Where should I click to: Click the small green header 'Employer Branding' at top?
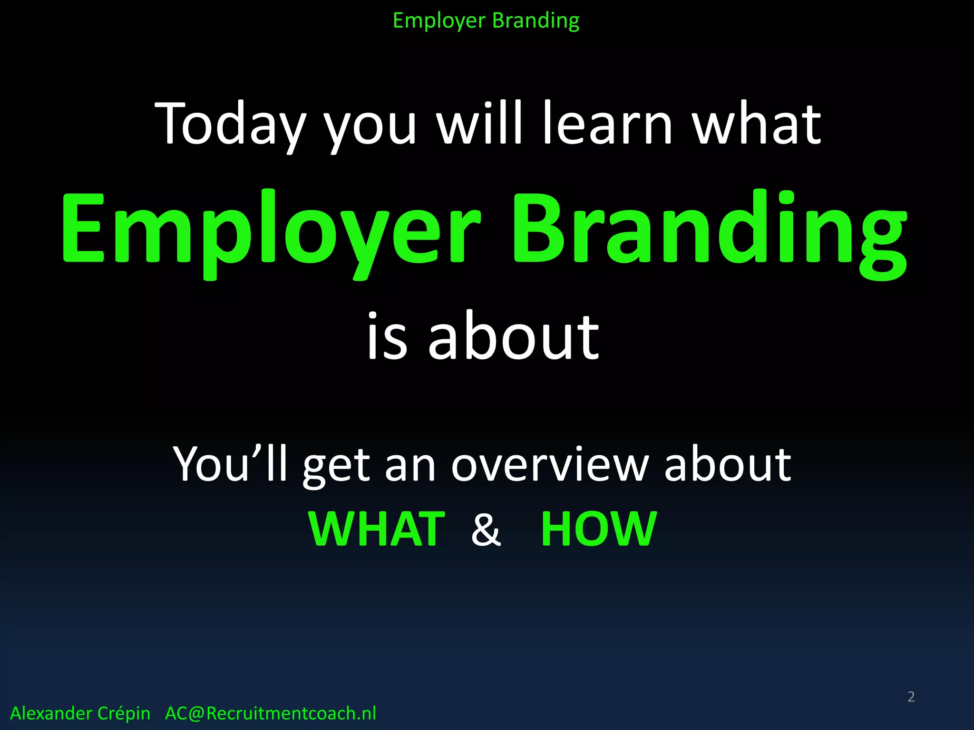(486, 21)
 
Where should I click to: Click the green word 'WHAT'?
(377, 529)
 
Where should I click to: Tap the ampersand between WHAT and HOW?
(486, 529)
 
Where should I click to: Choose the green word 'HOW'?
(599, 529)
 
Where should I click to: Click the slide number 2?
(911, 697)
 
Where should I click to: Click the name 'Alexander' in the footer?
(51, 713)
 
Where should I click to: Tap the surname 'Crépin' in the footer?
(123, 713)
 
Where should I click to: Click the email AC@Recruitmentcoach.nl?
(270, 713)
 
